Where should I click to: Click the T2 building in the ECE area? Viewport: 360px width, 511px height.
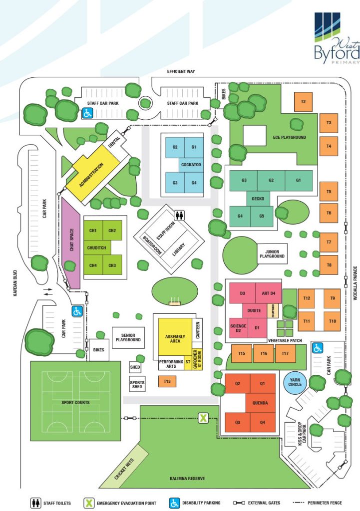coord(303,102)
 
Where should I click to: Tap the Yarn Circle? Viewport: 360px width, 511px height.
coord(294,383)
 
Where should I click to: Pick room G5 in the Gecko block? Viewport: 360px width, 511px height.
coord(261,216)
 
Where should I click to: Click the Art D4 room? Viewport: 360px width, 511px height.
coord(269,293)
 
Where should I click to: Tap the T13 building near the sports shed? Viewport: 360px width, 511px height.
coord(167,382)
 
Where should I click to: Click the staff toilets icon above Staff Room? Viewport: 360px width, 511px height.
coord(180,215)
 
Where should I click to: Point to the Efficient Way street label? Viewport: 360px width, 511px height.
coord(181,72)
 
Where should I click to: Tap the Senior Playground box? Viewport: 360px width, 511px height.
coord(128,337)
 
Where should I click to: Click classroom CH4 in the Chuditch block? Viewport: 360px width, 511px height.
coord(93,265)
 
